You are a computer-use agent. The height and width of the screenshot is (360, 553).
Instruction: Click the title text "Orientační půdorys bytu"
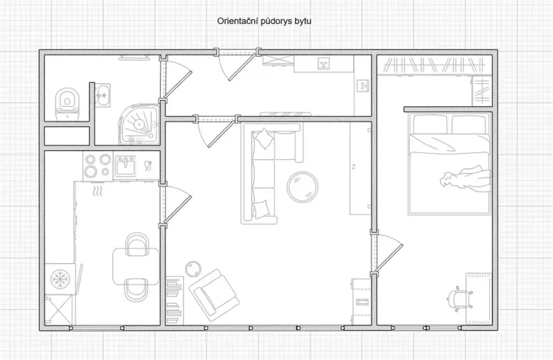click(264, 22)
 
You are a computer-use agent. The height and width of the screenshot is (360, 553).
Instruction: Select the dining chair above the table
click(136, 244)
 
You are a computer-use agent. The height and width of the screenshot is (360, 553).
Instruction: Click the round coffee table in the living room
click(301, 185)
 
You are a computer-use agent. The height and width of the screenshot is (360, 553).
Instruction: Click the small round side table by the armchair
click(192, 268)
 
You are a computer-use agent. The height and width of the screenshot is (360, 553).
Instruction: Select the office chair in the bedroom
click(459, 297)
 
